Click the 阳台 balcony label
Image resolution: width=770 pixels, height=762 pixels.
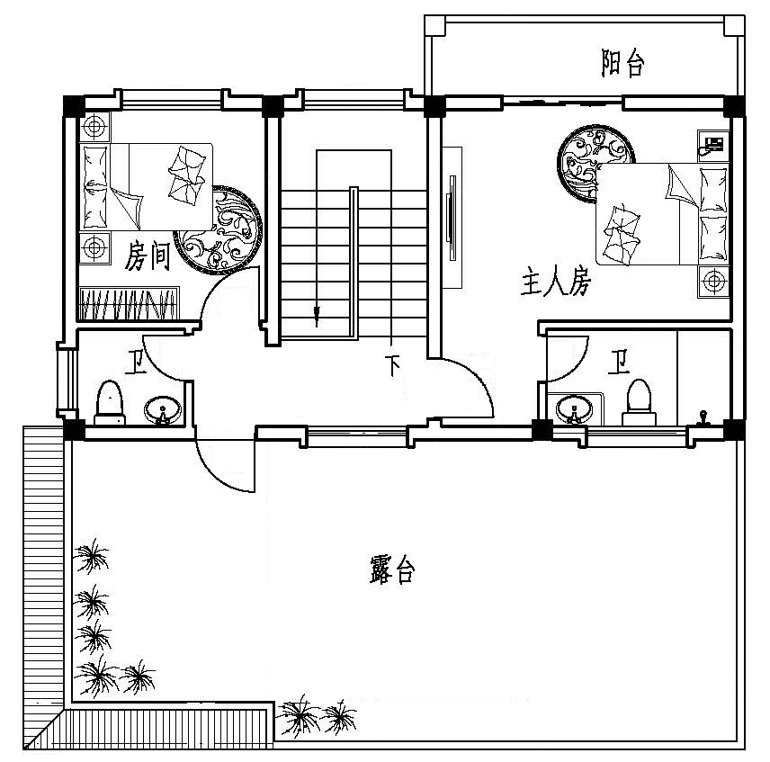(x=622, y=63)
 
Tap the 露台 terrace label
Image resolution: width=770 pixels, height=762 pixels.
(x=392, y=569)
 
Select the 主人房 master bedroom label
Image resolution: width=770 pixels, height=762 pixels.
(x=556, y=282)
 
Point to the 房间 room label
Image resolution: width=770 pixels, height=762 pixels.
(x=148, y=255)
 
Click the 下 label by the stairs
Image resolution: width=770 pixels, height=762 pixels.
(x=393, y=364)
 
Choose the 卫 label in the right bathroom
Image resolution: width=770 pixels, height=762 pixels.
(x=619, y=362)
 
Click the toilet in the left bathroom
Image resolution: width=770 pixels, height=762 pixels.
(x=110, y=403)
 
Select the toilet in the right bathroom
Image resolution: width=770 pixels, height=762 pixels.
(x=639, y=402)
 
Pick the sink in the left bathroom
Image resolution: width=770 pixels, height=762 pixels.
(x=163, y=410)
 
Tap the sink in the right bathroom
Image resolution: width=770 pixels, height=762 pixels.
(x=574, y=408)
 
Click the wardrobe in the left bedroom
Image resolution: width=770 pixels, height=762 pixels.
(x=130, y=303)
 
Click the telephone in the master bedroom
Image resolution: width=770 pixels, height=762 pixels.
(x=713, y=144)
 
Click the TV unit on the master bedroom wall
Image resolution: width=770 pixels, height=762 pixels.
(x=452, y=218)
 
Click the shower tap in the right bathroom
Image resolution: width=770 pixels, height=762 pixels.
(x=703, y=417)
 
